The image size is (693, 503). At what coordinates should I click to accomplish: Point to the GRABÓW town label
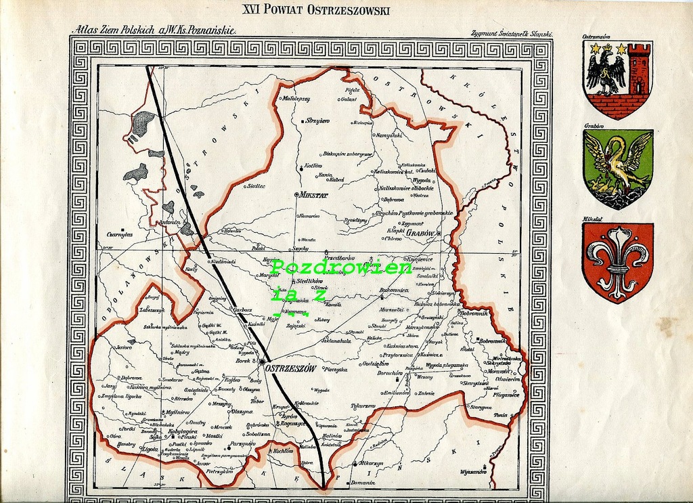[x=422, y=233]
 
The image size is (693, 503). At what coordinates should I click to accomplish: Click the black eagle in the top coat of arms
[x=605, y=70]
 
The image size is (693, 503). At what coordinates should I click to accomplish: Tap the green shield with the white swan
[x=617, y=169]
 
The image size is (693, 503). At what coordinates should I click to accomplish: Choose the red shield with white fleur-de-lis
[x=617, y=262]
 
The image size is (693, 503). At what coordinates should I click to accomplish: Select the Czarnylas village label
[x=119, y=235]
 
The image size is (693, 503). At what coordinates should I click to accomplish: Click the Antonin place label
[x=169, y=222]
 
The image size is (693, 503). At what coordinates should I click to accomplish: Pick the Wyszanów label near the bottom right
[x=473, y=471]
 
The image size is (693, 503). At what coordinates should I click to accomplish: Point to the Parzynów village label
[x=243, y=444]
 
